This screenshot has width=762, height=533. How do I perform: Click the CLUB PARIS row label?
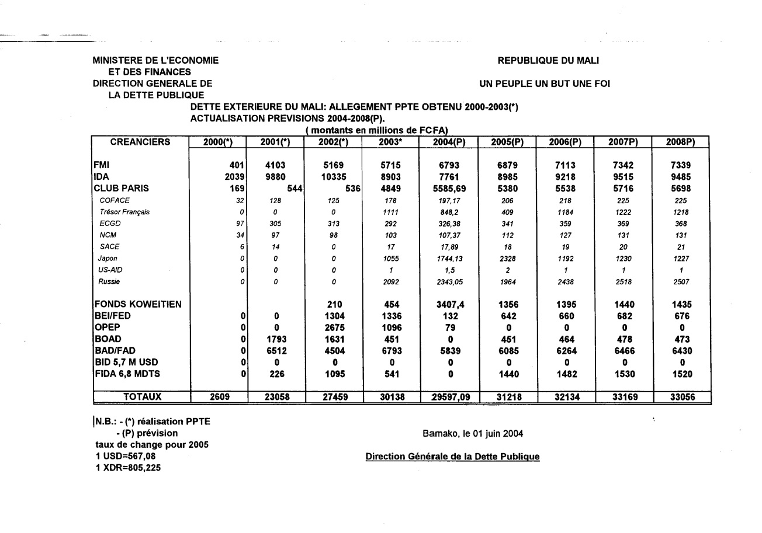pyautogui.click(x=121, y=188)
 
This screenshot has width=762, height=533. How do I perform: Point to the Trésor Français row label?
pyautogui.click(x=124, y=212)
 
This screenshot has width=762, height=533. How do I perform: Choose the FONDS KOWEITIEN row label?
pyautogui.click(x=138, y=304)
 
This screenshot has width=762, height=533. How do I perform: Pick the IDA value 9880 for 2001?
pyautogui.click(x=275, y=177)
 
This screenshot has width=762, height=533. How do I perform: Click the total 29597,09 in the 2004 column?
pyautogui.click(x=449, y=398)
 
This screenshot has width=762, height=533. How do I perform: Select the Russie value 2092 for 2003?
pyautogui.click(x=391, y=282)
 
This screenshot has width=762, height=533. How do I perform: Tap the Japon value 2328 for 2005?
pyautogui.click(x=507, y=259)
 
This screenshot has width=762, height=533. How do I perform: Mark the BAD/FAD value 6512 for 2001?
pyautogui.click(x=275, y=350)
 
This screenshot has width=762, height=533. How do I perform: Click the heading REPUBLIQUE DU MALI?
pyautogui.click(x=548, y=60)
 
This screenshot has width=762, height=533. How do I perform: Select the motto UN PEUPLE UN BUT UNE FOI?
pyautogui.click(x=544, y=84)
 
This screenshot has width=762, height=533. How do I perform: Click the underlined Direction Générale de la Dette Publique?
pyautogui.click(x=452, y=457)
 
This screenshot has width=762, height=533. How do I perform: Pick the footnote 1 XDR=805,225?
pyautogui.click(x=124, y=468)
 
